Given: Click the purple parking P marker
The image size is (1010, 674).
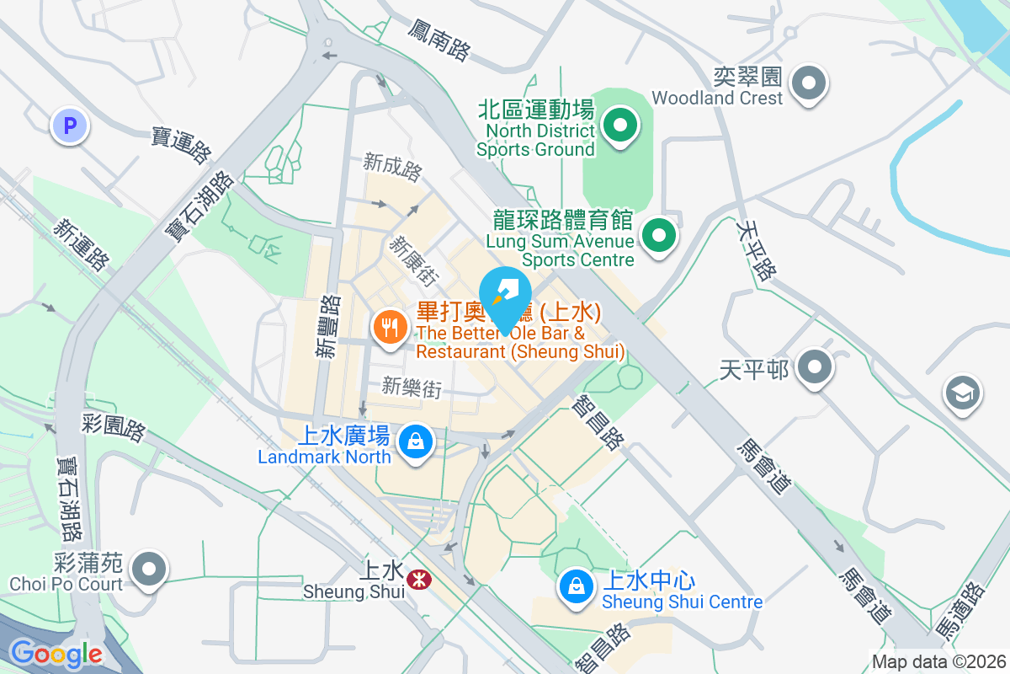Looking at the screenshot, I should [x=70, y=127].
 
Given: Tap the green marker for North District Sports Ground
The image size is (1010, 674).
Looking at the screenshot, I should [x=620, y=127].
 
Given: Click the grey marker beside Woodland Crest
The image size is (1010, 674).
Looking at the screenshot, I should [x=810, y=83].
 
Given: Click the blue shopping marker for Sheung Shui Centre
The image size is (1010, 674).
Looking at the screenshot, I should [x=576, y=586].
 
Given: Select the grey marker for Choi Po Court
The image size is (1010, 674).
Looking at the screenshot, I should [x=149, y=569].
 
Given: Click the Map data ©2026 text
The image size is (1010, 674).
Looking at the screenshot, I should [x=938, y=661].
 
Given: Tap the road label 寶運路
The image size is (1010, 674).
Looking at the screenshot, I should [x=181, y=145].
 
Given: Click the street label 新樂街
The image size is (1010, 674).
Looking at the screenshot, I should [x=412, y=388].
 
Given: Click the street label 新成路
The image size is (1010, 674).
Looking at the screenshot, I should [x=392, y=167].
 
